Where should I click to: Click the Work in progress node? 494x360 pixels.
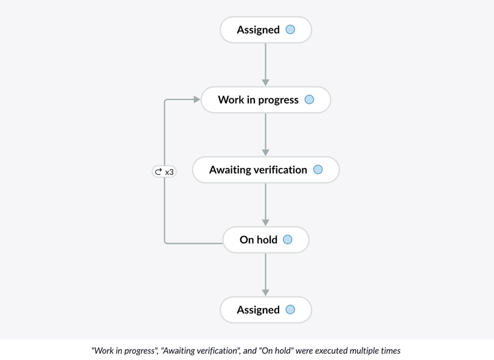(x=266, y=100)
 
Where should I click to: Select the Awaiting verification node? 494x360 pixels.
(x=266, y=170)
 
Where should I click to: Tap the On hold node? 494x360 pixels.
(x=266, y=240)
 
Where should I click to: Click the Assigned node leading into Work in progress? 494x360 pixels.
(x=266, y=30)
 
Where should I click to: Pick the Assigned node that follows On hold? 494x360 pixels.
(x=266, y=310)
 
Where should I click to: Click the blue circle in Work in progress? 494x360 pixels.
(x=310, y=100)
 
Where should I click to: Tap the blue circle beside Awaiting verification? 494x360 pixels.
(x=318, y=170)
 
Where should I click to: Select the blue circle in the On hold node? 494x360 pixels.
(x=288, y=240)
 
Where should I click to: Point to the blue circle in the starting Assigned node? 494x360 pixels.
(x=290, y=30)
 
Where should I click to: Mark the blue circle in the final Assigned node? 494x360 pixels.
(x=290, y=310)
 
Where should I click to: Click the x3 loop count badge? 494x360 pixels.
(x=164, y=171)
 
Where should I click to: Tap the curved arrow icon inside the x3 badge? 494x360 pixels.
(x=158, y=171)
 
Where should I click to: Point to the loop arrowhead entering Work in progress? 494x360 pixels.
(x=197, y=100)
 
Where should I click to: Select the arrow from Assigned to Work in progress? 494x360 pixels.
(x=266, y=64)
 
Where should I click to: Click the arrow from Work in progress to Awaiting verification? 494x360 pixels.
(x=266, y=134)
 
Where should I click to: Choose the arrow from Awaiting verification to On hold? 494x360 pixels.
(x=266, y=205)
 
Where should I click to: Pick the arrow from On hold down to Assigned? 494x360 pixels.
(x=266, y=275)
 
